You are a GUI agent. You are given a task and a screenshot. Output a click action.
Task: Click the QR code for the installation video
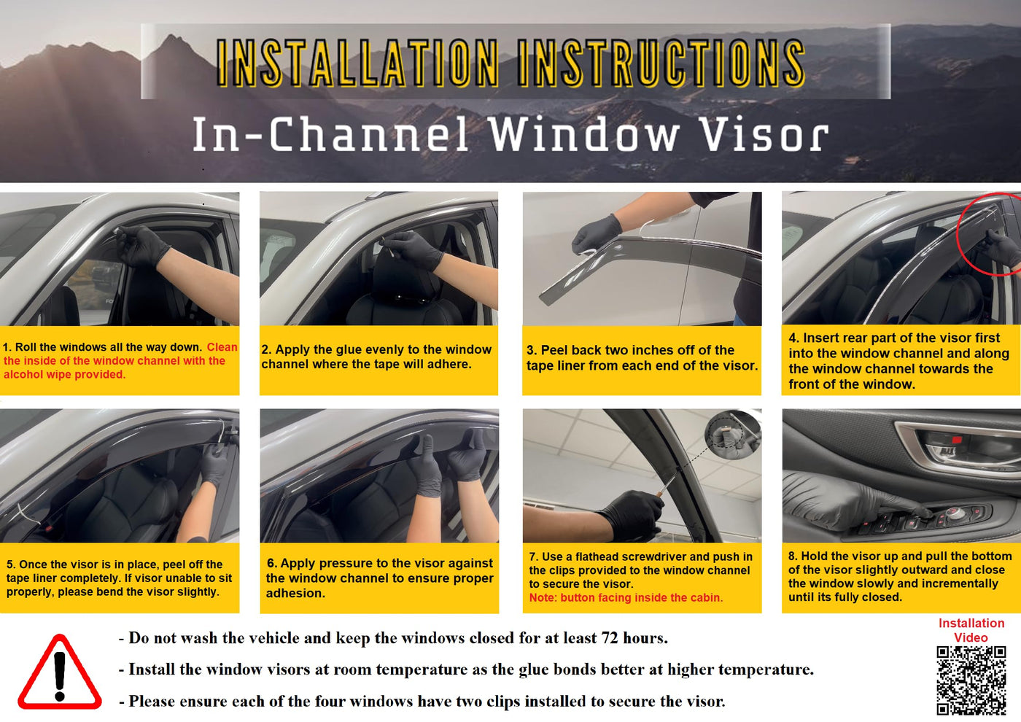[x=971, y=680]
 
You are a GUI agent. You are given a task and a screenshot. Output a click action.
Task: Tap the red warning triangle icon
[x=60, y=672]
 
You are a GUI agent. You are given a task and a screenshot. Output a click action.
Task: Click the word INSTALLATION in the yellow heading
[x=357, y=63]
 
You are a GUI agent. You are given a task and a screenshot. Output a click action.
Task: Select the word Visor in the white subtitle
[x=764, y=134]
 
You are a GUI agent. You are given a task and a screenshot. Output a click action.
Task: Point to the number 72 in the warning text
[x=610, y=637]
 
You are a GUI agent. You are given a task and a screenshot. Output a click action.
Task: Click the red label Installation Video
[x=971, y=630]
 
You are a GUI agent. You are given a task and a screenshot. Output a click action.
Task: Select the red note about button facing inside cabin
[x=626, y=597]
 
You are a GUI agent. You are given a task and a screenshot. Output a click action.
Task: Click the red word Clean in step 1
[x=222, y=347]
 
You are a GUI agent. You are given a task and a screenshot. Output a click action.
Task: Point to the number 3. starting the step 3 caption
[x=532, y=350]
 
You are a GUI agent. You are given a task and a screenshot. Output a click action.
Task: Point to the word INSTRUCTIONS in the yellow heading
[x=661, y=63]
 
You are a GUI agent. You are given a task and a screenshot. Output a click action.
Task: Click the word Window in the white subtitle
[x=584, y=134]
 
